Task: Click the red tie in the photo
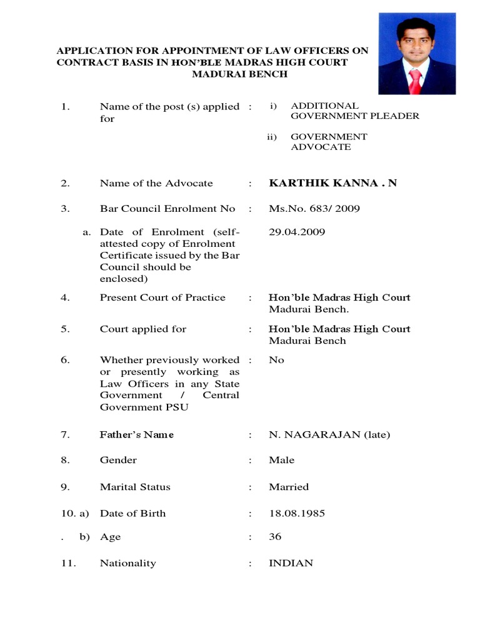coord(414,81)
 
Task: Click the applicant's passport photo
coord(417,54)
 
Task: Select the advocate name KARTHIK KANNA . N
coord(332,183)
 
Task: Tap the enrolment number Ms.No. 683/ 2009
coord(314,209)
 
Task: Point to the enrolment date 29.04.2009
coord(297,232)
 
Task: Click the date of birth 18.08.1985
coord(297,513)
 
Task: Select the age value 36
coord(275,537)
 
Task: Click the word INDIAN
coord(291,563)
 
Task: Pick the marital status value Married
coord(288,487)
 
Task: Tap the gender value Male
coord(281,460)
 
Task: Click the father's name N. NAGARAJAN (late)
coord(329,434)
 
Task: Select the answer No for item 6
coord(276,360)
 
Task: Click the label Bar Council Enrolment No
coord(167,209)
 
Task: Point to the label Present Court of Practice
coord(162,297)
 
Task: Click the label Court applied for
coord(143,329)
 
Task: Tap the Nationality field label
coord(127,563)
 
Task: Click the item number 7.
coord(65,434)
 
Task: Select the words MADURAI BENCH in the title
coord(231,74)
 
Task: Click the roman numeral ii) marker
coord(272,137)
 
